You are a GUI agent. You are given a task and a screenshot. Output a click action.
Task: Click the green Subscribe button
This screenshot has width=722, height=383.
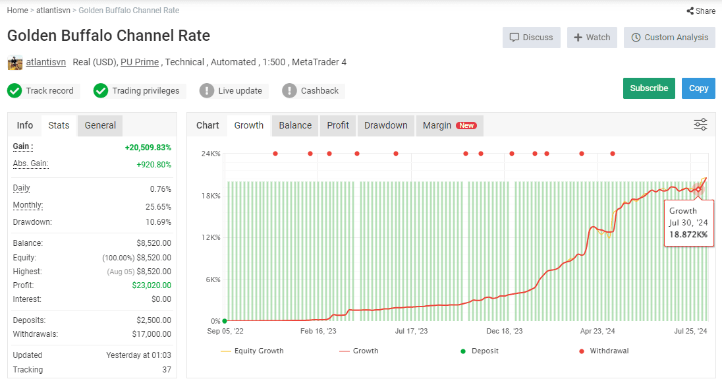point(649,88)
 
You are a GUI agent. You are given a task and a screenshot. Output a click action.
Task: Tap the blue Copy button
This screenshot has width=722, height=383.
point(698,88)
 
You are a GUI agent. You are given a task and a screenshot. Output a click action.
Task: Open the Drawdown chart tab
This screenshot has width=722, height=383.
point(386,125)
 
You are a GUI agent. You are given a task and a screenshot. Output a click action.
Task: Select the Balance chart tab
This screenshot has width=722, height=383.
point(295,125)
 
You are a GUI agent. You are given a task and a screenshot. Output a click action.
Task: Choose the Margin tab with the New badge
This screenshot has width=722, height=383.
point(450,125)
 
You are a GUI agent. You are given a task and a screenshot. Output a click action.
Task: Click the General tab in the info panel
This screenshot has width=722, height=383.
point(100,125)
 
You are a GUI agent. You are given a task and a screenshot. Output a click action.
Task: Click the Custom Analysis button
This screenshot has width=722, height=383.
point(669,38)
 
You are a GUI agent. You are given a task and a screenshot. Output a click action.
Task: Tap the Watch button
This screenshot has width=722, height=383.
point(592,38)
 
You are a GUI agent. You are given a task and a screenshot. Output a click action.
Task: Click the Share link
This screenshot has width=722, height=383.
point(702,11)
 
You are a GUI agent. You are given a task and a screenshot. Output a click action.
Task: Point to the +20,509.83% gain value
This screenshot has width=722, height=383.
point(148,148)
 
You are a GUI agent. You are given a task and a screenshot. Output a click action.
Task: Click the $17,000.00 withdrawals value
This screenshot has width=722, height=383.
point(152,334)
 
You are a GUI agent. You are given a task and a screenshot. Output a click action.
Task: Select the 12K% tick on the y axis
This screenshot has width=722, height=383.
point(211,237)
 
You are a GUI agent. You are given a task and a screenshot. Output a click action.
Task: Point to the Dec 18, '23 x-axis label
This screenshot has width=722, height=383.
point(505,331)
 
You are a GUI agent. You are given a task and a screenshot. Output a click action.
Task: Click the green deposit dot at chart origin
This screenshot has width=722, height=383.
point(225,321)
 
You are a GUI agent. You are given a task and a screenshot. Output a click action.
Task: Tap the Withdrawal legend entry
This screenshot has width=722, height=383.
point(603,351)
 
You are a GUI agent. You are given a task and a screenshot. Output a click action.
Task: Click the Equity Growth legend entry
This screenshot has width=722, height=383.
point(252,351)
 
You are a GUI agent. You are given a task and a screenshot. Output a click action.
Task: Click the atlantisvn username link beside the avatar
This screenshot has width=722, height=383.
point(45,62)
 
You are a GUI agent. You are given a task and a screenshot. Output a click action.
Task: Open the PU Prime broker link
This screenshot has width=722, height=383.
point(140,62)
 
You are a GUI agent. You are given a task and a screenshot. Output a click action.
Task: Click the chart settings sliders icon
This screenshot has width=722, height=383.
point(700,125)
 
